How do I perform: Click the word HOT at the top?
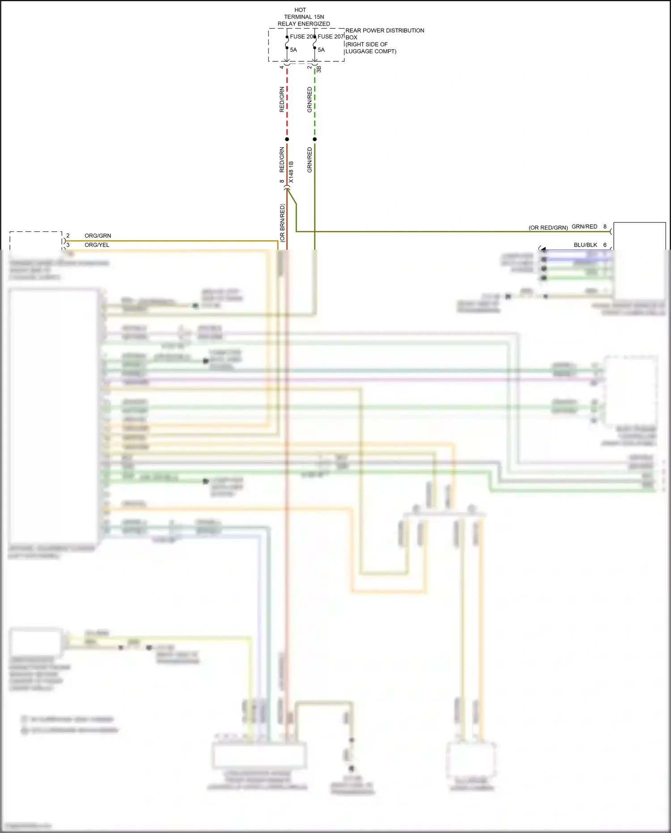point(300,10)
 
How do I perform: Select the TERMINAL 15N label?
point(304,17)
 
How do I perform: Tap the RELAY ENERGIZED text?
point(304,24)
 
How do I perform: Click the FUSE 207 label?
point(331,37)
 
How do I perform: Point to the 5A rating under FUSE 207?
point(321,50)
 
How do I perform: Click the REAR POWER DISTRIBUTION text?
point(385,30)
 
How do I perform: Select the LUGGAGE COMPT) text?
point(371,51)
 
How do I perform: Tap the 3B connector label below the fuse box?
point(319,69)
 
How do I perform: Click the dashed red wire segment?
point(287,103)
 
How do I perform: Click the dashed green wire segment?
point(315,103)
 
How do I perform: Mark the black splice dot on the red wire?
point(287,139)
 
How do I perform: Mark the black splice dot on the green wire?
point(315,139)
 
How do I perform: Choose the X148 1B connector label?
point(291,172)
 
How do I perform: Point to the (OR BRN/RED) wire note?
point(282,223)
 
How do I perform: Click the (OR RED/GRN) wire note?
point(548,228)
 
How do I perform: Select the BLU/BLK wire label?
point(585,245)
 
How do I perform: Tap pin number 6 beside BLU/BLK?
point(605,245)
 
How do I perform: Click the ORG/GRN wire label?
point(98,236)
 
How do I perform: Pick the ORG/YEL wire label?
point(97,245)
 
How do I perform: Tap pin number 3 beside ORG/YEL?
point(68,245)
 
